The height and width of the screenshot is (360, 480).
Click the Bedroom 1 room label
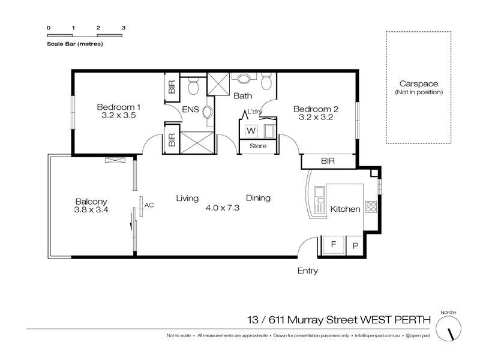coord(118,107)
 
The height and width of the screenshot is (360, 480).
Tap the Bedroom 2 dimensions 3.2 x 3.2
coord(316,117)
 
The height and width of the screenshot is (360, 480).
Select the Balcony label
coord(91,202)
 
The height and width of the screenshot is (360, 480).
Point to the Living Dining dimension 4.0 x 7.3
coord(223,208)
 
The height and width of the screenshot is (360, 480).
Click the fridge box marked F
coord(334,245)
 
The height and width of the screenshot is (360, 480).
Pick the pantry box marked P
coord(355,246)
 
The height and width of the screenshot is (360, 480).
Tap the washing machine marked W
coord(251,131)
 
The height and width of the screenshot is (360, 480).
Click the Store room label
coord(258,146)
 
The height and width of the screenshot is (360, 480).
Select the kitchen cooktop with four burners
coord(371,206)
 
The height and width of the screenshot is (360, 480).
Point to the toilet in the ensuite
coord(193,86)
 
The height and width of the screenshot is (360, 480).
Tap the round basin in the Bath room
coord(244,79)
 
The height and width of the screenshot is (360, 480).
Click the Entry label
coord(308,271)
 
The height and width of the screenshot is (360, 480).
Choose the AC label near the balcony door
coord(149,205)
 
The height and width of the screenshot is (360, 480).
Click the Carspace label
coord(418,83)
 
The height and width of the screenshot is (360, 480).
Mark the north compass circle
coord(448,328)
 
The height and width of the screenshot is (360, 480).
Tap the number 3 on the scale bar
coord(124,28)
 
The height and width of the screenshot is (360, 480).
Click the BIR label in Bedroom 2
coord(328,161)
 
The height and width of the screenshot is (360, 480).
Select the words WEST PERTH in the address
coord(395,320)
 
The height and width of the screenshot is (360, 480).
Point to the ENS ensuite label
coord(190,109)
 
